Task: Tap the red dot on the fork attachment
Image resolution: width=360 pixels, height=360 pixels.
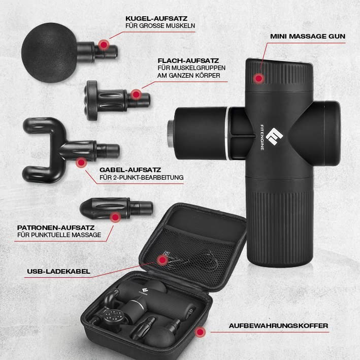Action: (x=81, y=162)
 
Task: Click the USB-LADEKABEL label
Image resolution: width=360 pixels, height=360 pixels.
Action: (x=58, y=271)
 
